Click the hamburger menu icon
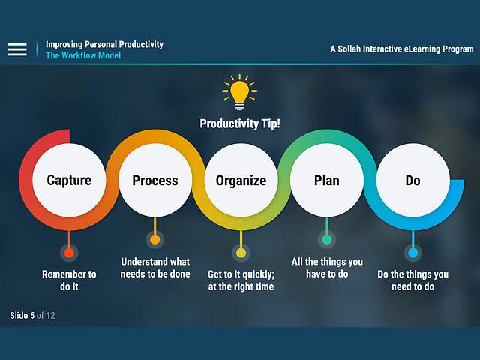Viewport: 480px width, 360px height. point(17,49)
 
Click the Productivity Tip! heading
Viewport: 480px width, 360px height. point(240,124)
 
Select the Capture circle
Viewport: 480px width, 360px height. point(69,181)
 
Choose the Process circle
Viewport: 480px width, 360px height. point(155,181)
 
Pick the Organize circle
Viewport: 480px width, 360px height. point(241,181)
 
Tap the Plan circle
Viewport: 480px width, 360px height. point(326,181)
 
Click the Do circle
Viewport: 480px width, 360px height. point(412,181)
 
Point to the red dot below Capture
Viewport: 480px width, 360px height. point(69,253)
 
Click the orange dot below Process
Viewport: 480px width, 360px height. point(155,240)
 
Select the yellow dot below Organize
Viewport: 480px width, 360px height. point(241,253)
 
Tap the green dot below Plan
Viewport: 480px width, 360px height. point(326,240)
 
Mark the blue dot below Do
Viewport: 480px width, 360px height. point(412,253)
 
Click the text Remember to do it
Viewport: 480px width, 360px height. point(69,280)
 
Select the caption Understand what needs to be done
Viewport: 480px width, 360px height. point(155,268)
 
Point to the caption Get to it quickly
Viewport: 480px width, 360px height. point(241,280)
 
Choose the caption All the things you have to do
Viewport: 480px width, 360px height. point(326,268)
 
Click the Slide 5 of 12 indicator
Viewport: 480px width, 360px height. point(32,315)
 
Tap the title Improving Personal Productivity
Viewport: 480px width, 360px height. point(104,44)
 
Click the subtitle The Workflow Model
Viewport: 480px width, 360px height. point(83,56)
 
